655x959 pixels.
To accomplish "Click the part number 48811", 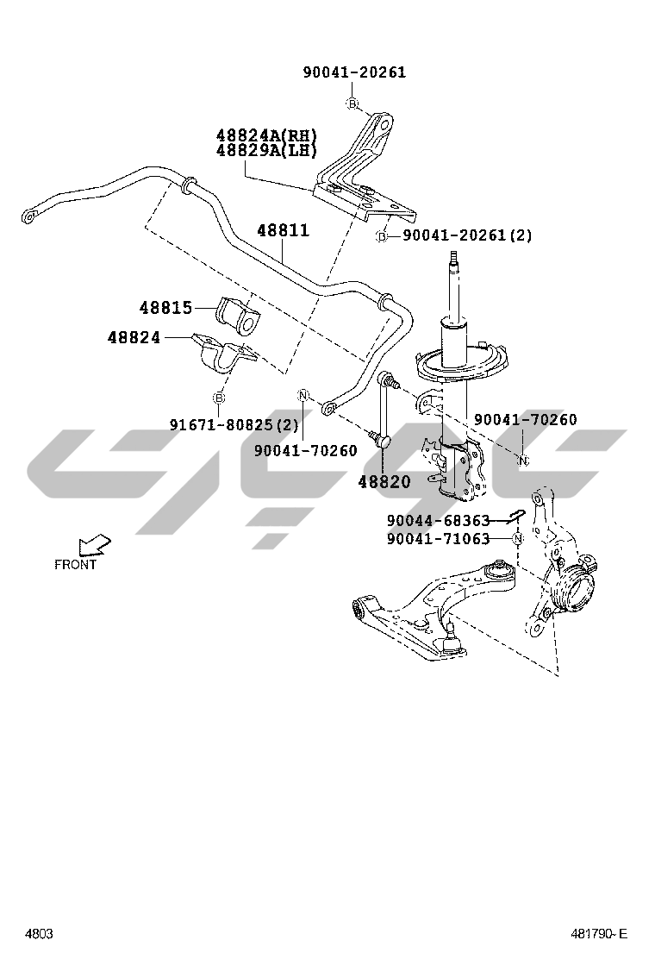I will pyautogui.click(x=283, y=231).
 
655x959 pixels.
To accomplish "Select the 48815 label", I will pyautogui.click(x=165, y=307).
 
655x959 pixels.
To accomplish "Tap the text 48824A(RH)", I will pyautogui.click(x=266, y=135).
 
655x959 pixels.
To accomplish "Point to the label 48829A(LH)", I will pyautogui.click(x=266, y=150).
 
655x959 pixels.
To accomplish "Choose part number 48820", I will pyautogui.click(x=384, y=482).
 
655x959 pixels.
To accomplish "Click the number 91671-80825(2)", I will pyautogui.click(x=234, y=424).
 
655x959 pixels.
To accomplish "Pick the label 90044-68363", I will pyautogui.click(x=438, y=521).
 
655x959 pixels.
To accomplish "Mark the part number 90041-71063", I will pyautogui.click(x=438, y=539).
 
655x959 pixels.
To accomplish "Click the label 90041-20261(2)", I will pyautogui.click(x=467, y=235).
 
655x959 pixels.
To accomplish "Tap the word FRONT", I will pyautogui.click(x=76, y=565).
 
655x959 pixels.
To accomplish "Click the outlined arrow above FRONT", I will pyautogui.click(x=94, y=544).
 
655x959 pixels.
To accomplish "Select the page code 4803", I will pyautogui.click(x=39, y=934).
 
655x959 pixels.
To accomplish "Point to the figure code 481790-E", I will pyautogui.click(x=599, y=934).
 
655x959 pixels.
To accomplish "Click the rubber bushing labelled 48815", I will pyautogui.click(x=239, y=316).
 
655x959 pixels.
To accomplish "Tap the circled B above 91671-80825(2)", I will pyautogui.click(x=219, y=397).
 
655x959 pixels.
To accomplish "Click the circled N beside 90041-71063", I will pyautogui.click(x=517, y=539).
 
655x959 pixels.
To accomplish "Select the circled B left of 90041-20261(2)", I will pyautogui.click(x=382, y=235).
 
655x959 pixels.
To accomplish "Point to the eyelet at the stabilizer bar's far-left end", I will pyautogui.click(x=30, y=215).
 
